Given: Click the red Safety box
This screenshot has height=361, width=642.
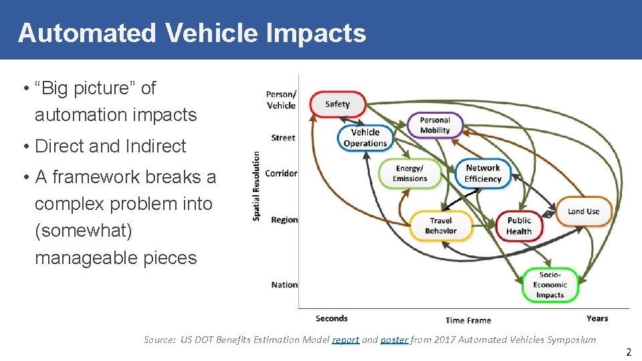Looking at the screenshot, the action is [338, 104].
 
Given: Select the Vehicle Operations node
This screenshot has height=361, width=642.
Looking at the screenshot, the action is [365, 138].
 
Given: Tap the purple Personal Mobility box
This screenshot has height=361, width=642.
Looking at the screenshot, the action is [435, 125].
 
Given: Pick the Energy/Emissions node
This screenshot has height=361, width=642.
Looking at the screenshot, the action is [409, 174].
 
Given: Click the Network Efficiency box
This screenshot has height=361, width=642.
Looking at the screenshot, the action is [483, 174].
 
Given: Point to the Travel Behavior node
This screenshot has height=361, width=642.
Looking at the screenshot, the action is [441, 226].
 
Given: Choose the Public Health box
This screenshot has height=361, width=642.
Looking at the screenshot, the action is [519, 226].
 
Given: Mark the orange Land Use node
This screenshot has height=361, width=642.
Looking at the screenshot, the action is [584, 211].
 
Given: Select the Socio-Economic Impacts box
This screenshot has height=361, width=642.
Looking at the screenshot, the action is [550, 285].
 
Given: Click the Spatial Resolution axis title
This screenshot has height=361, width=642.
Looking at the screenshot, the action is [256, 187].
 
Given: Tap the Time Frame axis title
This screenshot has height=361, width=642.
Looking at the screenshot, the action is [468, 320].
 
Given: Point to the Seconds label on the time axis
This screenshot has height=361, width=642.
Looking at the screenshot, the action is [332, 319].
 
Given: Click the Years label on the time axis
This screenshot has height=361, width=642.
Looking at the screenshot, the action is [597, 319].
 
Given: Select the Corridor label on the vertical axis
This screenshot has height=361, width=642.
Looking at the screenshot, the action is [281, 173].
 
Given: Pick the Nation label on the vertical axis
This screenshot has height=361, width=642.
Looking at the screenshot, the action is [284, 285].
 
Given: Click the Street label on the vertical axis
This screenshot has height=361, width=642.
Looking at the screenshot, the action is [283, 138].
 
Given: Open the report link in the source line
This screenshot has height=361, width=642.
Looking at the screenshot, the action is [346, 340].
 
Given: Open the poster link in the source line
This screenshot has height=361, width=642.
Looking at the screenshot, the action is [394, 340].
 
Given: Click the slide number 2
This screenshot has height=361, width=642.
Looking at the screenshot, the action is [628, 352].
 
